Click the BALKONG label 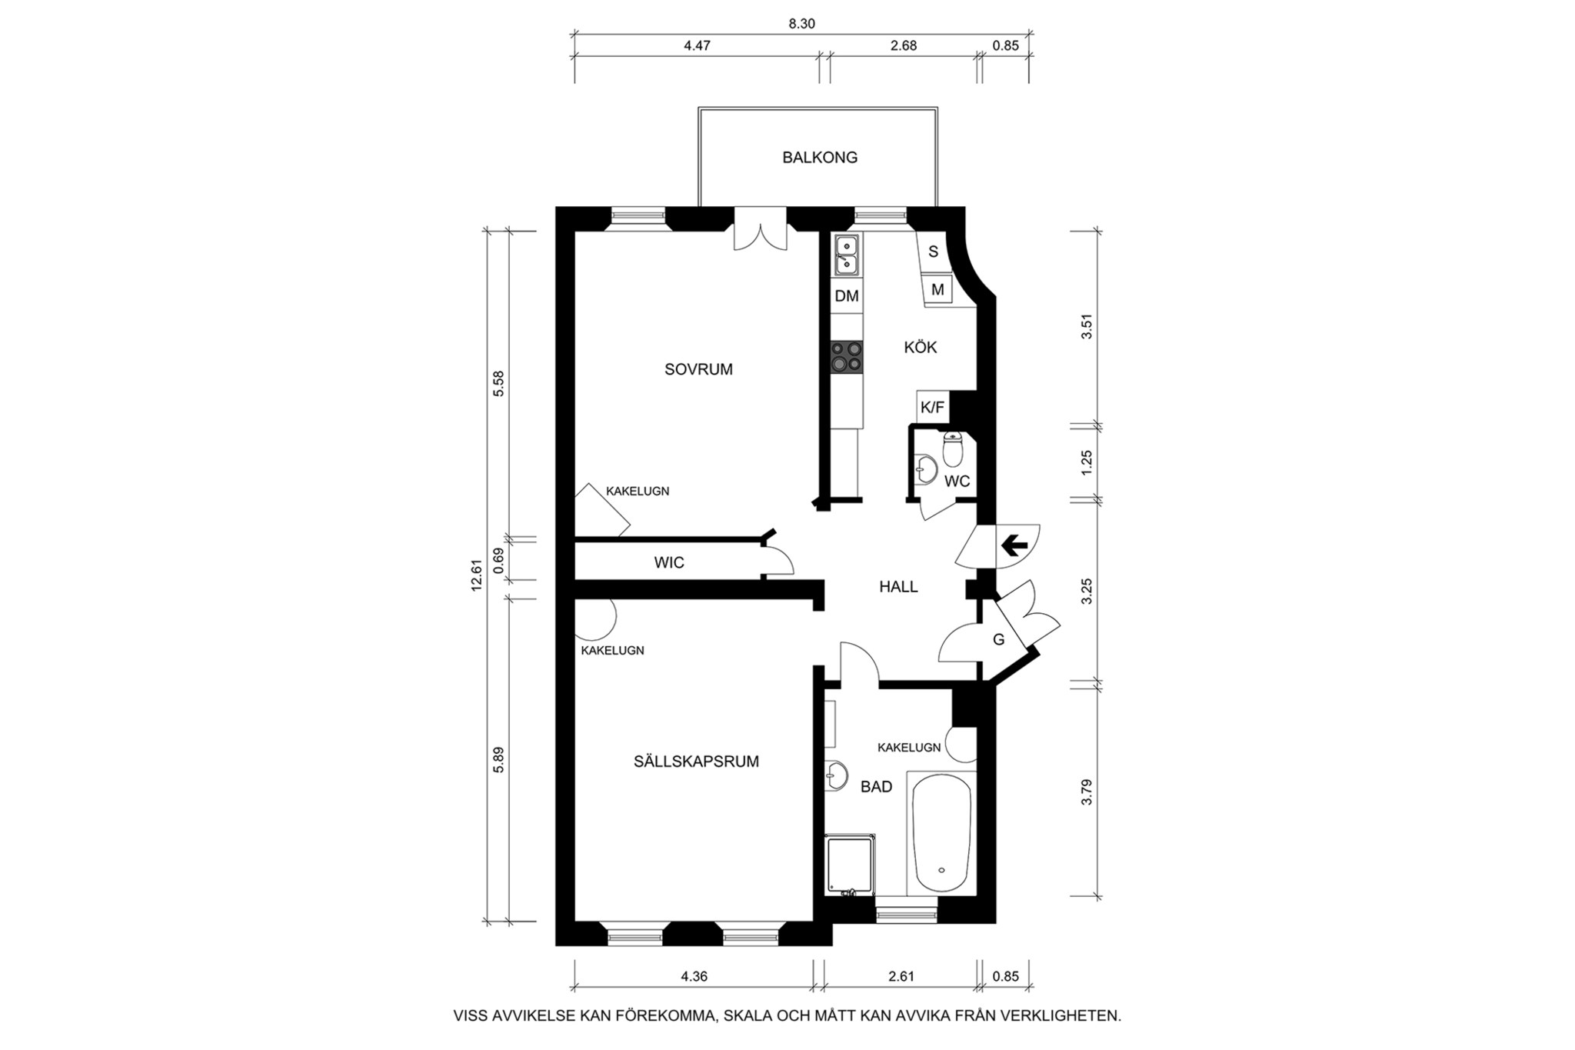[x=820, y=158]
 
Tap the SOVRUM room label [x=698, y=369]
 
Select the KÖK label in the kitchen [x=920, y=348]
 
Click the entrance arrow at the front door [x=1014, y=546]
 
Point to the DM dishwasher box [x=847, y=296]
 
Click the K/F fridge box [x=932, y=407]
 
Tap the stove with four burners [x=847, y=357]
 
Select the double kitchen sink [x=847, y=255]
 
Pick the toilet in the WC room [x=953, y=450]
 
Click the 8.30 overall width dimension [x=801, y=24]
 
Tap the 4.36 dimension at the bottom [x=694, y=977]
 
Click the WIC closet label [x=668, y=563]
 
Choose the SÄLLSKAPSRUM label [x=696, y=762]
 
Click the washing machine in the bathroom [x=850, y=865]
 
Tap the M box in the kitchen [x=937, y=290]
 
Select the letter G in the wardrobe [x=998, y=639]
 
